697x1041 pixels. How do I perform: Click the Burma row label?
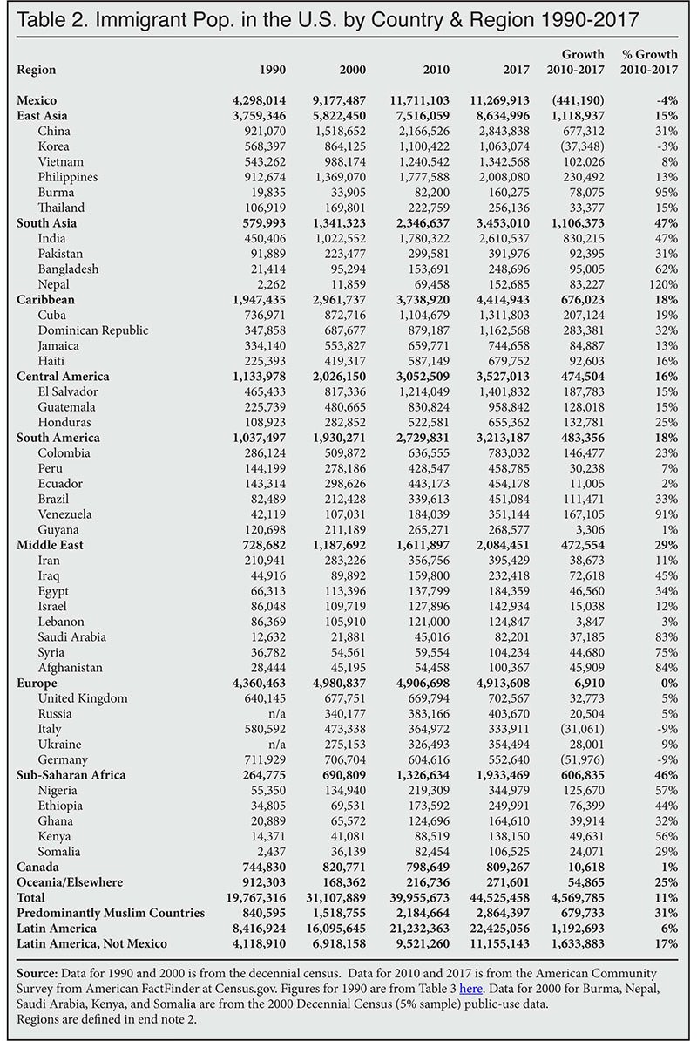point(55,192)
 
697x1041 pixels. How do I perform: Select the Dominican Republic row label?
point(93,330)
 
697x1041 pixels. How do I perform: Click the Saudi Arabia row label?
point(72,636)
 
